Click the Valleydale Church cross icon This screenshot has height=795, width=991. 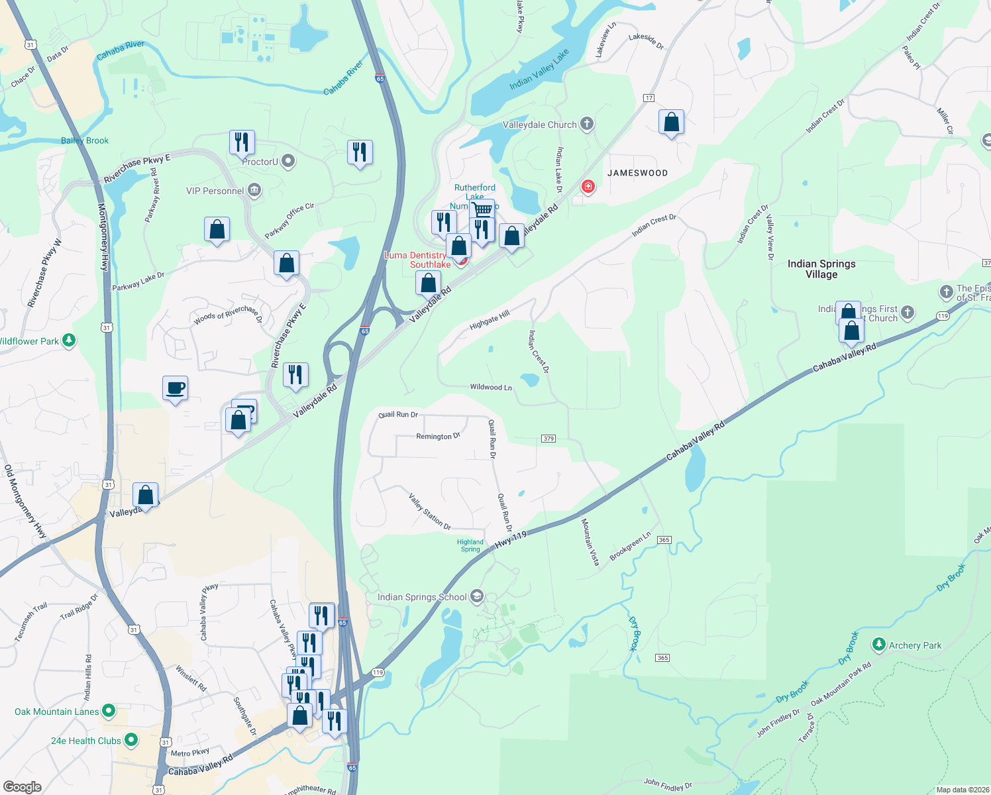pyautogui.click(x=586, y=124)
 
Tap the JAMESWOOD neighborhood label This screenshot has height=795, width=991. pyautogui.click(x=637, y=173)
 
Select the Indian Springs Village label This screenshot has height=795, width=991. pyautogui.click(x=821, y=269)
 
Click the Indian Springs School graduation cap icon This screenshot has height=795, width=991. pyautogui.click(x=476, y=596)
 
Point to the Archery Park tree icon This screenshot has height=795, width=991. pyautogui.click(x=878, y=644)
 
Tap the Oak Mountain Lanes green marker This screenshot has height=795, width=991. pyautogui.click(x=109, y=712)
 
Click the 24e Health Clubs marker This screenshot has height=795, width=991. pyautogui.click(x=131, y=740)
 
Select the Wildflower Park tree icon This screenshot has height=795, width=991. pyautogui.click(x=68, y=341)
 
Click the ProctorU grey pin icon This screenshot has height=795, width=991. pyautogui.click(x=288, y=161)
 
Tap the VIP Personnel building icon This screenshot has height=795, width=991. pyautogui.click(x=254, y=191)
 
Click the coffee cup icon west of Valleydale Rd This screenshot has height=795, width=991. pyautogui.click(x=175, y=388)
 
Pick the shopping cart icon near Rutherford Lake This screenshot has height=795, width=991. pyautogui.click(x=482, y=210)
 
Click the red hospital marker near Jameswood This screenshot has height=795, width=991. pyautogui.click(x=587, y=187)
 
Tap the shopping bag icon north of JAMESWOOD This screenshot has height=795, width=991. pyautogui.click(x=671, y=123)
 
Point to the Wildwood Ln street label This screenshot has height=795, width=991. pyautogui.click(x=491, y=387)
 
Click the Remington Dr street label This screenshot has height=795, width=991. pyautogui.click(x=438, y=436)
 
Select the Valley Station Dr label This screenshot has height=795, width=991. pyautogui.click(x=430, y=511)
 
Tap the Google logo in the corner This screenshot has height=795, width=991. pyautogui.click(x=22, y=786)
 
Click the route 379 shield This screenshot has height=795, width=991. pyautogui.click(x=548, y=439)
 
